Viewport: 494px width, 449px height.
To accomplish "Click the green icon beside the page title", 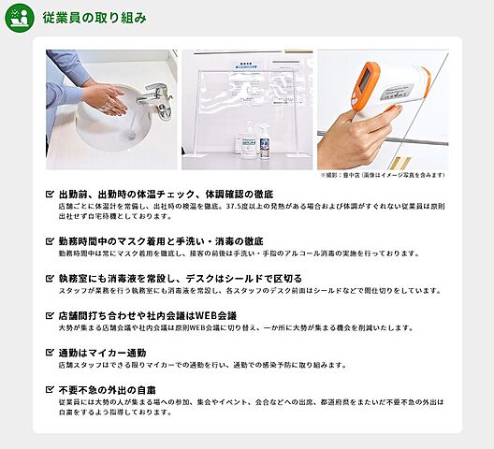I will pos(19,18).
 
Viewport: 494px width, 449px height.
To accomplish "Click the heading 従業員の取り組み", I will pos(94,18).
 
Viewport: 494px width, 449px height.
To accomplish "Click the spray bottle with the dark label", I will pos(265,148).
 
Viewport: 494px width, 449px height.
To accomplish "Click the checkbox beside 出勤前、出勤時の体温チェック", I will pos(51,194).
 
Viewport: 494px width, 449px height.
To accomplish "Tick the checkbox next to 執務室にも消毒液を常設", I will pos(51,278).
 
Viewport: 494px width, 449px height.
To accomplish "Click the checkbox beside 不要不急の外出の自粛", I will pos(51,389).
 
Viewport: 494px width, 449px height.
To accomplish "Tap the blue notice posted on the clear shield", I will pos(247,67).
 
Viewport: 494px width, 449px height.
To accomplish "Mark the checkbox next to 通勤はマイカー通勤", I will pos(51,353).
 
